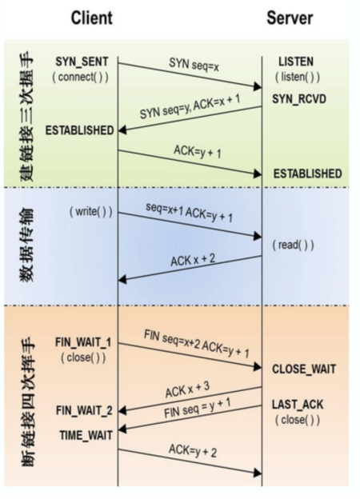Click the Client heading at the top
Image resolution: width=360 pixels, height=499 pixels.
point(91,17)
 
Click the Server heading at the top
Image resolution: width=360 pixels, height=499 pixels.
point(290,17)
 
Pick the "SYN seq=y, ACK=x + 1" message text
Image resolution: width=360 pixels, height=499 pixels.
point(188,113)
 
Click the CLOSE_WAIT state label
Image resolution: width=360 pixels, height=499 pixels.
point(304,369)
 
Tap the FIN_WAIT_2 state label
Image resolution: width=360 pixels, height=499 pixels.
point(84,409)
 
